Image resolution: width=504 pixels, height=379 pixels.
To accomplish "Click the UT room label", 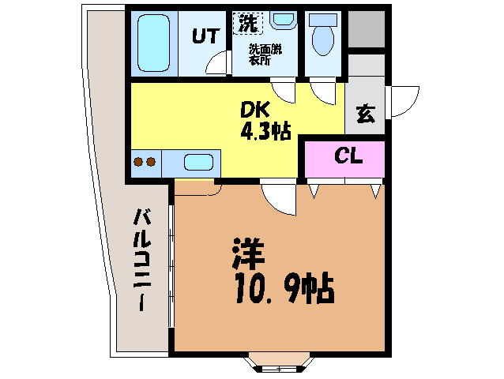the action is [x=206, y=36].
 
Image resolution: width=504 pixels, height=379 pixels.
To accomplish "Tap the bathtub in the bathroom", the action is [x=153, y=43].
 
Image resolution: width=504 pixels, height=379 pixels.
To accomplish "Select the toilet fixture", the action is [x=323, y=36].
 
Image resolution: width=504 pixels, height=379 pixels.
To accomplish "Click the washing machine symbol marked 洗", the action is [x=248, y=24].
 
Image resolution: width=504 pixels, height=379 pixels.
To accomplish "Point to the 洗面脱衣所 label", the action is [x=265, y=55].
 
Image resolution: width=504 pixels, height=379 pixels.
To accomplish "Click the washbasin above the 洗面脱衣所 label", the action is [x=283, y=19].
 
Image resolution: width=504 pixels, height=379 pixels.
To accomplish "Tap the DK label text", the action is [x=254, y=111].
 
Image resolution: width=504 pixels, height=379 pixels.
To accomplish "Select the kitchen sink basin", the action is [x=198, y=162].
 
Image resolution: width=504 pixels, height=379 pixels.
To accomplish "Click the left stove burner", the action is [x=138, y=162].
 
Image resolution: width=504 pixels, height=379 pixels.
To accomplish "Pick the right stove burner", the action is [x=151, y=162].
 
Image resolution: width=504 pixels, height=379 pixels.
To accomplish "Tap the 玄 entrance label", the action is [x=366, y=114].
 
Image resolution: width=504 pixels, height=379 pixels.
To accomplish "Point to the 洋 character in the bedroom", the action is [x=249, y=253].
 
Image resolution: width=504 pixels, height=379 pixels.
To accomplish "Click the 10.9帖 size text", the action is [x=284, y=288].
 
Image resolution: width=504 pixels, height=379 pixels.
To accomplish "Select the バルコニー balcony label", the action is [x=141, y=260].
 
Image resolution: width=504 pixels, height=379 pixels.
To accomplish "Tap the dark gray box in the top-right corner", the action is [x=367, y=29].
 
